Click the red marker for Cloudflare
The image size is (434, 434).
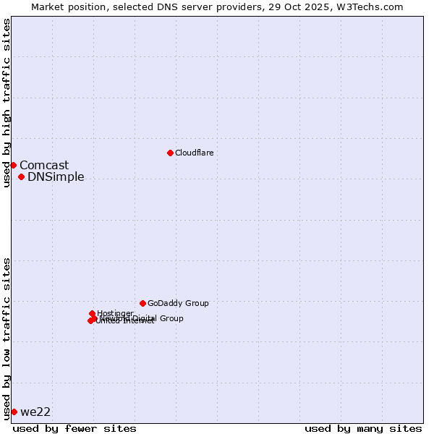[x=170, y=153]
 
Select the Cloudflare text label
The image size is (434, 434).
[x=194, y=153]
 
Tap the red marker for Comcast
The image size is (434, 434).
[x=13, y=165]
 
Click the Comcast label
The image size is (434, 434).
[x=44, y=166]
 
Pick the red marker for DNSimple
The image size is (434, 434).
[x=21, y=176]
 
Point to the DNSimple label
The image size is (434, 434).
[x=56, y=177]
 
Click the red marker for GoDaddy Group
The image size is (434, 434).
[x=142, y=303]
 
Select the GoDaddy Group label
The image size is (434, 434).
[x=178, y=304]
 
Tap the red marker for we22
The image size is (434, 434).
[x=14, y=412]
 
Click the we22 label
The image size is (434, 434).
[x=35, y=412]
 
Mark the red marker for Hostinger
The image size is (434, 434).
[x=92, y=313]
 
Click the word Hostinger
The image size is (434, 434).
[x=116, y=313]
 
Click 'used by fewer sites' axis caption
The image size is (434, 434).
[x=75, y=428]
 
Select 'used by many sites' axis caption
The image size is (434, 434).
[x=363, y=428]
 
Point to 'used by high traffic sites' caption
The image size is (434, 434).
[x=7, y=103]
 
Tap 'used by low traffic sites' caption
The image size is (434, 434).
[x=7, y=339]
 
